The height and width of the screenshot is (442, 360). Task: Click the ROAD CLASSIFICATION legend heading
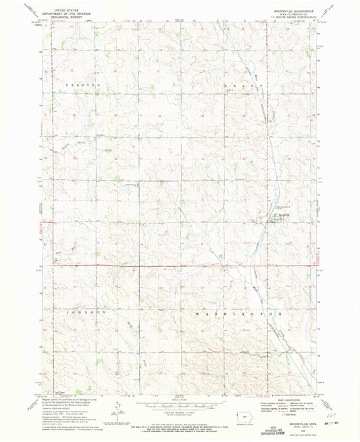click(284, 400)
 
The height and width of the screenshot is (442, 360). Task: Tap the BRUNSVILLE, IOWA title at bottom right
click(296, 421)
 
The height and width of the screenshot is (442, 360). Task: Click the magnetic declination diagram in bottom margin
click(118, 411)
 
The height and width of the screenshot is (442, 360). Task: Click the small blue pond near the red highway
click(220, 256)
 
